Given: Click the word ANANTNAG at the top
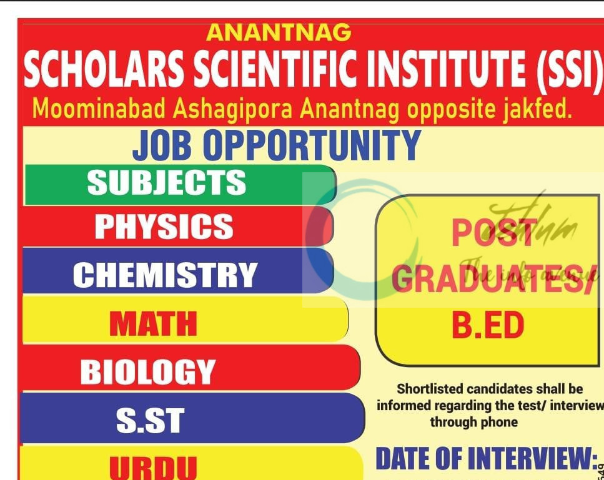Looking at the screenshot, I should click(x=279, y=32).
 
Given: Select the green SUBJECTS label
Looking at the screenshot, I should click(x=166, y=183).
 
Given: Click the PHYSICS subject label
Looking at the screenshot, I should click(x=164, y=227).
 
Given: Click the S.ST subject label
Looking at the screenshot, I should click(x=150, y=421).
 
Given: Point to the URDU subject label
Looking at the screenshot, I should click(x=153, y=467).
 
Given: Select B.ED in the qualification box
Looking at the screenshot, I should click(x=487, y=326).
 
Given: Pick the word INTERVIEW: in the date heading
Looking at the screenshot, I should click(x=532, y=459).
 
